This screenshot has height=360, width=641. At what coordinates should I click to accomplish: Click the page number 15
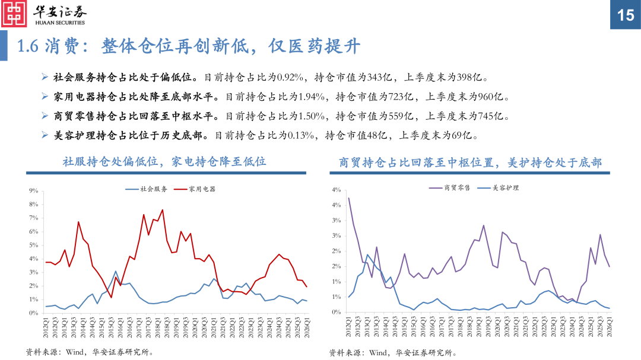pyautogui.click(x=626, y=15)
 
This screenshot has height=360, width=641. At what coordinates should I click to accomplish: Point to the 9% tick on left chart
pyautogui.click(x=33, y=191)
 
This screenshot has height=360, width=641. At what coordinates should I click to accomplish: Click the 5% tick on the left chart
pyautogui.click(x=33, y=245)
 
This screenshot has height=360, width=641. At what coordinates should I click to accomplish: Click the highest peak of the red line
pyautogui.click(x=163, y=210)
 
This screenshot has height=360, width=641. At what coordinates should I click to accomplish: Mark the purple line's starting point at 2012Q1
pyautogui.click(x=348, y=198)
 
